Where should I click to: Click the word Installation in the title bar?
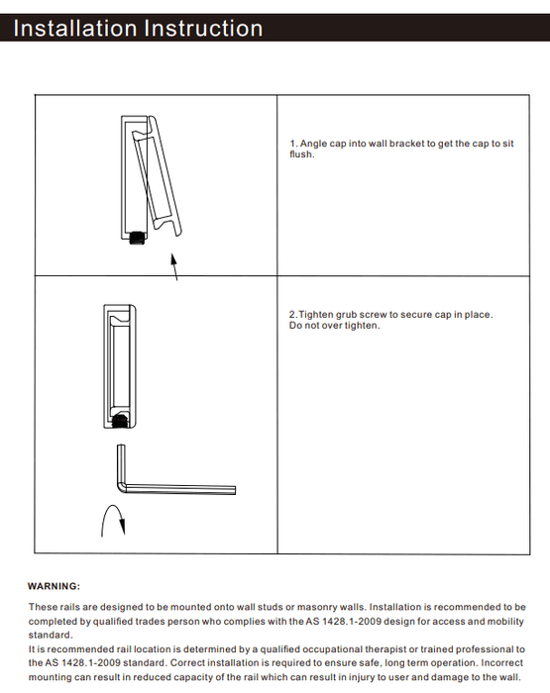(75, 29)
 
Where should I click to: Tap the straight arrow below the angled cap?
(174, 266)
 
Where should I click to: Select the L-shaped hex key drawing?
(177, 489)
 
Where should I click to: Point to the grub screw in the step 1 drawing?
(137, 238)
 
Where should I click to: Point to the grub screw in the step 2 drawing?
(120, 421)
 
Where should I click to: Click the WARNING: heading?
(54, 586)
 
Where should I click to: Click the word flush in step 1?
(301, 154)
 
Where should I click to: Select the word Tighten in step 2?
(316, 315)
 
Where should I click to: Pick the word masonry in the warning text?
(314, 607)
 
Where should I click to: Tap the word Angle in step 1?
(313, 144)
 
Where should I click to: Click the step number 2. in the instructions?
(293, 315)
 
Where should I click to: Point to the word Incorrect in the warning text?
(501, 663)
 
